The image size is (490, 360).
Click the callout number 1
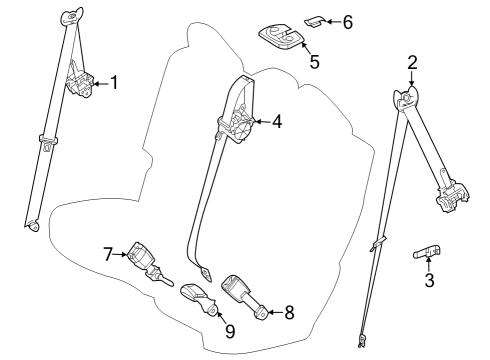pyautogui.click(x=114, y=83)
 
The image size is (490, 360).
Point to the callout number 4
pyautogui.click(x=276, y=122)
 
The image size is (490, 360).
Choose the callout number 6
pyautogui.click(x=348, y=21)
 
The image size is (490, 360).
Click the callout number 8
pyautogui.click(x=288, y=312)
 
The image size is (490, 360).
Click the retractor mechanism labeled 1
pyautogui.click(x=78, y=82)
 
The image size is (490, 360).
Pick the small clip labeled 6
pyautogui.click(x=316, y=18)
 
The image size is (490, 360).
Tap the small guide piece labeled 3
pyautogui.click(x=428, y=252)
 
